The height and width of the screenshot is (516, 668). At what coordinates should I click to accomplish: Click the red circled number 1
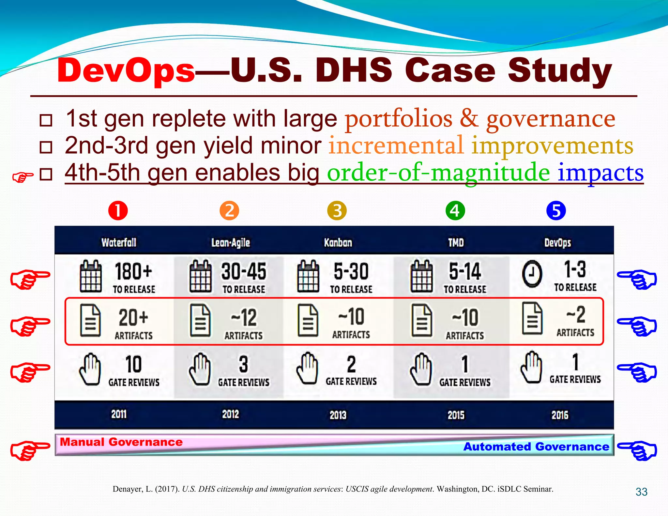(118, 211)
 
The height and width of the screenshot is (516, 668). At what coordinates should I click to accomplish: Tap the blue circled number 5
(556, 211)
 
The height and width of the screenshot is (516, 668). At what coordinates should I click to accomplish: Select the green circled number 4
(455, 211)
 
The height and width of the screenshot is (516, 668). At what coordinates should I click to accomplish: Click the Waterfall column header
(119, 242)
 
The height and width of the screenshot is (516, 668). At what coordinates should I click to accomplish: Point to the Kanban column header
(338, 242)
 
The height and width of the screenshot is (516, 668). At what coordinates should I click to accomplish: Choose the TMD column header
(456, 242)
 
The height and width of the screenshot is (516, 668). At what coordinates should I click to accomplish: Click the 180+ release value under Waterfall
(133, 271)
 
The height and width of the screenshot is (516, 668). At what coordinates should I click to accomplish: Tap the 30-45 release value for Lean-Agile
(244, 271)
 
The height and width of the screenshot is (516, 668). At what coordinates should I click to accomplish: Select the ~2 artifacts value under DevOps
(576, 314)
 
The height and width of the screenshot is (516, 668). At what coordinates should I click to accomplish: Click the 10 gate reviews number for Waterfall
(133, 364)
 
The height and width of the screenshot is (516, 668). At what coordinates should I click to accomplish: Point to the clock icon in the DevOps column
(532, 274)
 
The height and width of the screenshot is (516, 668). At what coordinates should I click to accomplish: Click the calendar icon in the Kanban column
(308, 277)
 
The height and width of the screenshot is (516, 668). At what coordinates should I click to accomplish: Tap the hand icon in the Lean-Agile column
(200, 369)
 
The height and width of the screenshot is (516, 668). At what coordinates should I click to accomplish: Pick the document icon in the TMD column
(422, 320)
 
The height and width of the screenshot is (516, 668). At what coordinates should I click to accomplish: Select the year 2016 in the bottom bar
(560, 415)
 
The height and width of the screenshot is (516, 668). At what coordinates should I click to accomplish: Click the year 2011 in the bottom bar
(119, 414)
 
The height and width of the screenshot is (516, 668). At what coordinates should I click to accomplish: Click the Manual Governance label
(121, 442)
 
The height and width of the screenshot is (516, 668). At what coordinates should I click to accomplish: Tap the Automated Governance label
(536, 447)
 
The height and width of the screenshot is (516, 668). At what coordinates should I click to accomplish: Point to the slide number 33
(641, 492)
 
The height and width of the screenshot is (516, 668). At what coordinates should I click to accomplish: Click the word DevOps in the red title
(126, 70)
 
